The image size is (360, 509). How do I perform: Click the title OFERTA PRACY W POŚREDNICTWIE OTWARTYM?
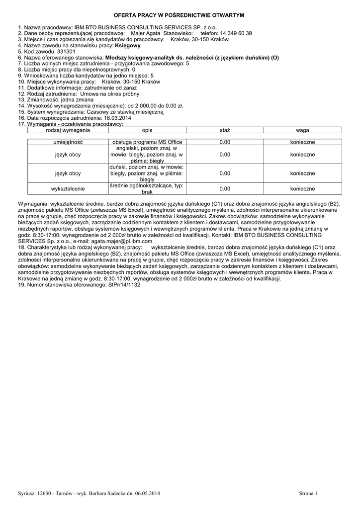coord(180,16)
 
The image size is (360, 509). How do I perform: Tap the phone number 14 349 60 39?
coord(236,33)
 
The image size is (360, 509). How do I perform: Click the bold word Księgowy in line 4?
coord(128,45)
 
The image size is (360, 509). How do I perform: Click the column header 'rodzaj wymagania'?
coord(68,130)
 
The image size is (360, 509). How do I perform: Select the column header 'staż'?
coord(225,130)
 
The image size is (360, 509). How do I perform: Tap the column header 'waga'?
coord(302,130)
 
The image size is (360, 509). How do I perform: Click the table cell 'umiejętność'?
coord(68,142)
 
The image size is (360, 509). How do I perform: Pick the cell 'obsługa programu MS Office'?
coord(147,142)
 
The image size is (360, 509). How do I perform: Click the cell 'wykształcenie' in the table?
coord(68,189)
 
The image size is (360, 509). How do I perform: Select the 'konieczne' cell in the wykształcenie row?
coord(302,189)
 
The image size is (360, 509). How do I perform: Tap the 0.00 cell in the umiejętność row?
coord(225,142)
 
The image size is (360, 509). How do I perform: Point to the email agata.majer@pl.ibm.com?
coord(114,240)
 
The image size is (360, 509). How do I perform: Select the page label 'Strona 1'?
coord(308,493)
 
